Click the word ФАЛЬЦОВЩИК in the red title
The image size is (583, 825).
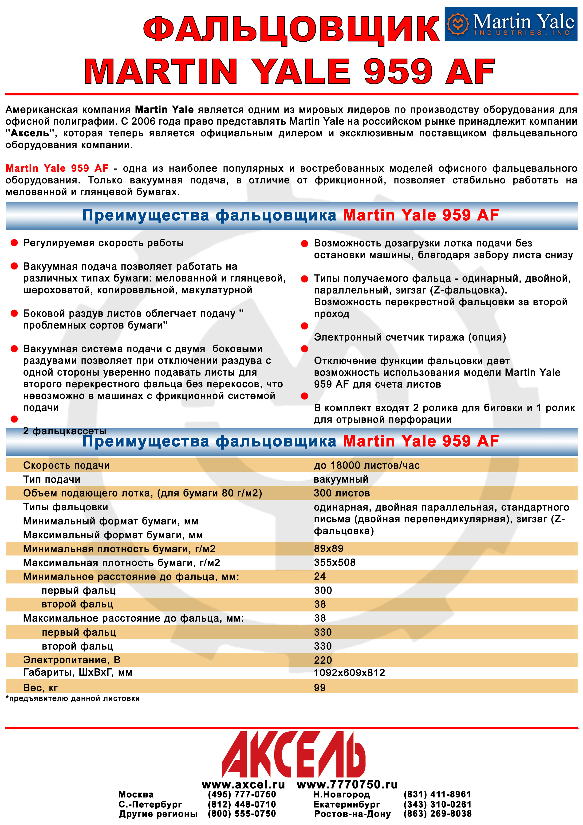pos(291,29)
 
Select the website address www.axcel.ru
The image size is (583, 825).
pos(243,784)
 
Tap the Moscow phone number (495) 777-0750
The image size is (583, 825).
pos(242,794)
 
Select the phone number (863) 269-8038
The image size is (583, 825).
pos(437,813)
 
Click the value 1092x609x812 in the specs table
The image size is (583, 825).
pos(349,673)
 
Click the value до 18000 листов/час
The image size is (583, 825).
pos(366,465)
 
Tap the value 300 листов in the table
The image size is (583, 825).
pos(342,493)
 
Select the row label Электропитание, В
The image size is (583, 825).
pos(71,660)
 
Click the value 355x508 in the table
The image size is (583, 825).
pos(335,562)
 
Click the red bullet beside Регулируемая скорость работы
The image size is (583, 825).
pos(14,243)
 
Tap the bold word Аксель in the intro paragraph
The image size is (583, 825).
pos(30,133)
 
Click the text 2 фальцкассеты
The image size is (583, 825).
pos(65,431)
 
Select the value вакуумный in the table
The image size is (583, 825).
pos(341,479)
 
